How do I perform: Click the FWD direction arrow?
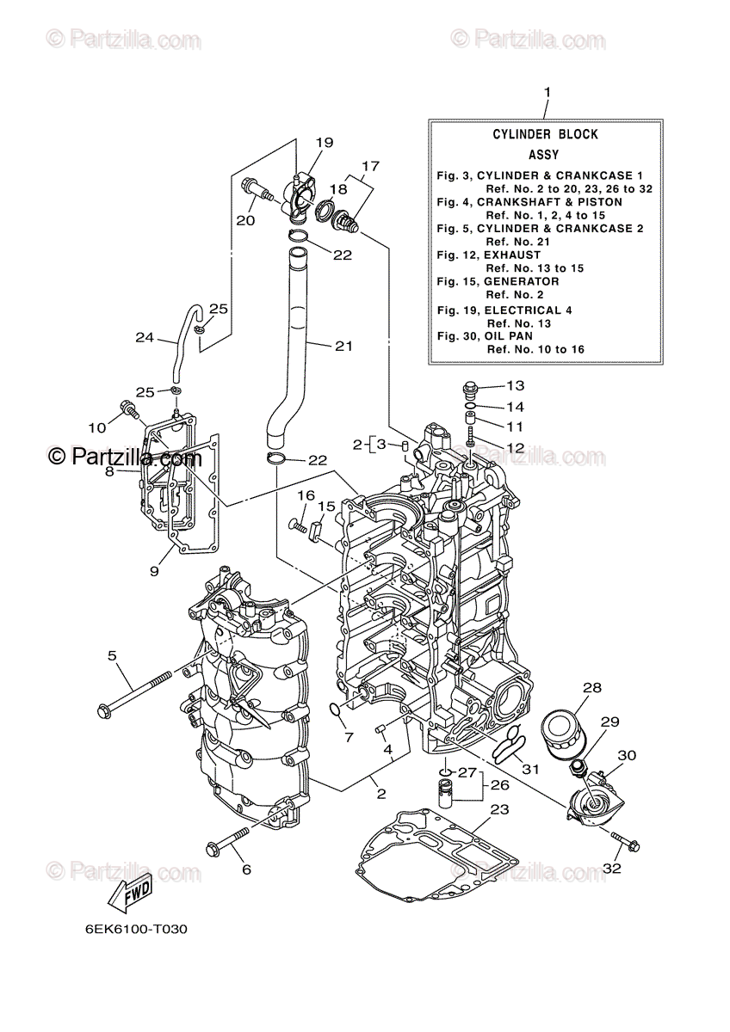pyautogui.click(x=130, y=894)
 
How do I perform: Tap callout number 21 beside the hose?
pyautogui.click(x=343, y=346)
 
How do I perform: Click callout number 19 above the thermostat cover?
pyautogui.click(x=324, y=142)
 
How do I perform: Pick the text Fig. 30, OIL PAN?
pyautogui.click(x=484, y=335)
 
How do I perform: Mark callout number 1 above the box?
pyautogui.click(x=546, y=92)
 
